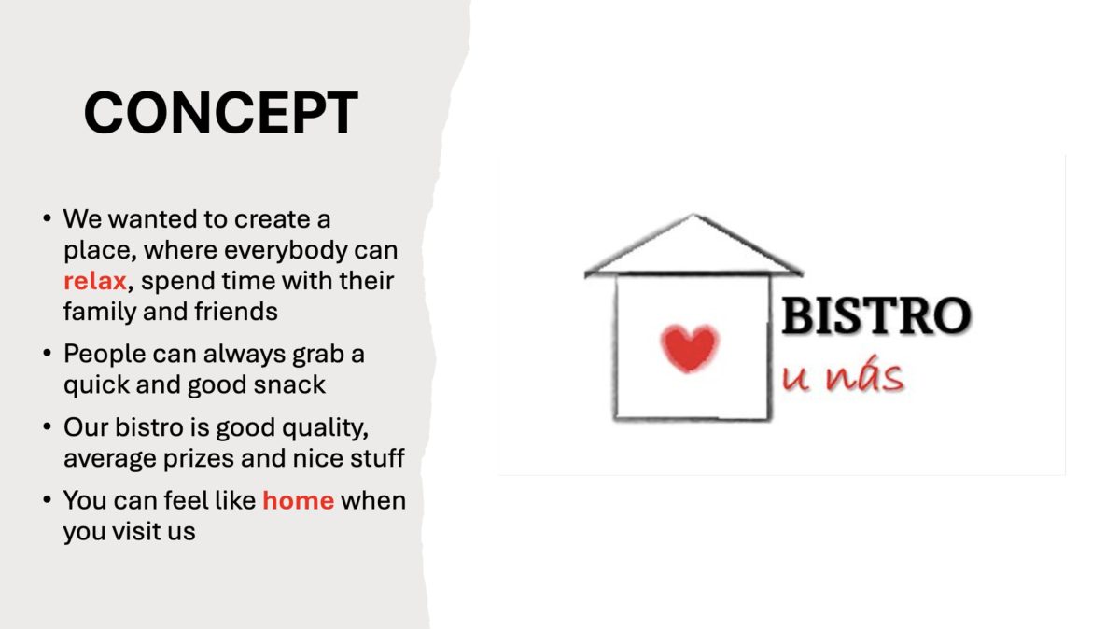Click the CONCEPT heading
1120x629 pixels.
coord(221,113)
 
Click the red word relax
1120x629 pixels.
coord(95,281)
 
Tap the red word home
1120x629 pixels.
coord(299,500)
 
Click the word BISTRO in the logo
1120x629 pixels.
coord(876,315)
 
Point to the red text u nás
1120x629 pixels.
coord(843,374)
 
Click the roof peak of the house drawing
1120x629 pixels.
coord(693,216)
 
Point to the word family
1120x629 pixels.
coord(100,313)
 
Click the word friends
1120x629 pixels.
coord(236,312)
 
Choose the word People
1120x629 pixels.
coord(105,355)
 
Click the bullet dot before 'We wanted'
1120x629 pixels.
coord(48,218)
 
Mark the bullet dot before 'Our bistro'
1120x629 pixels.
coord(48,427)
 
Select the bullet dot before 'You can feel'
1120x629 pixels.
coord(48,499)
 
